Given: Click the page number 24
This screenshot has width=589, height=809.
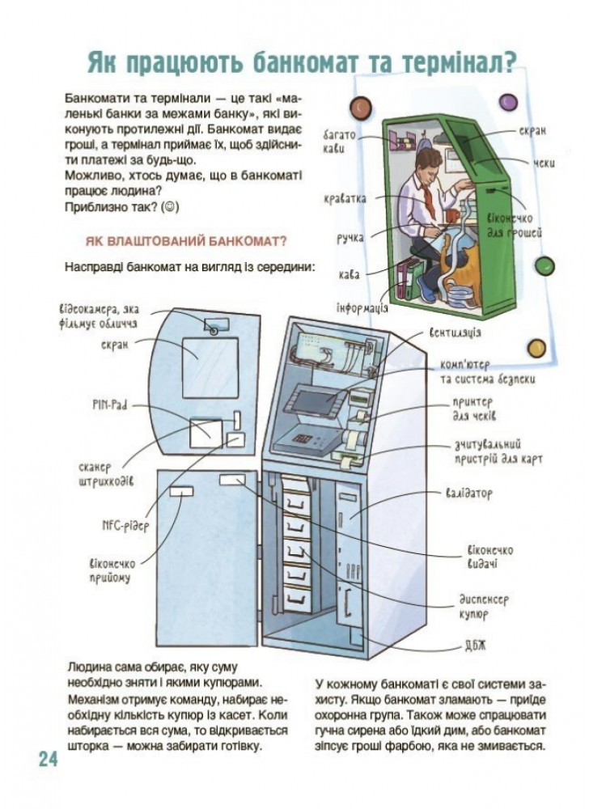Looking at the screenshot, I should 47,759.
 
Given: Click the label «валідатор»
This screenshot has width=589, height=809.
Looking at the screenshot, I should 468,493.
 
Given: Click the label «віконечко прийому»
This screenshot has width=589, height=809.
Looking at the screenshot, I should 110,570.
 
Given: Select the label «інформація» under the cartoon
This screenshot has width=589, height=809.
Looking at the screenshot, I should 362,308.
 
